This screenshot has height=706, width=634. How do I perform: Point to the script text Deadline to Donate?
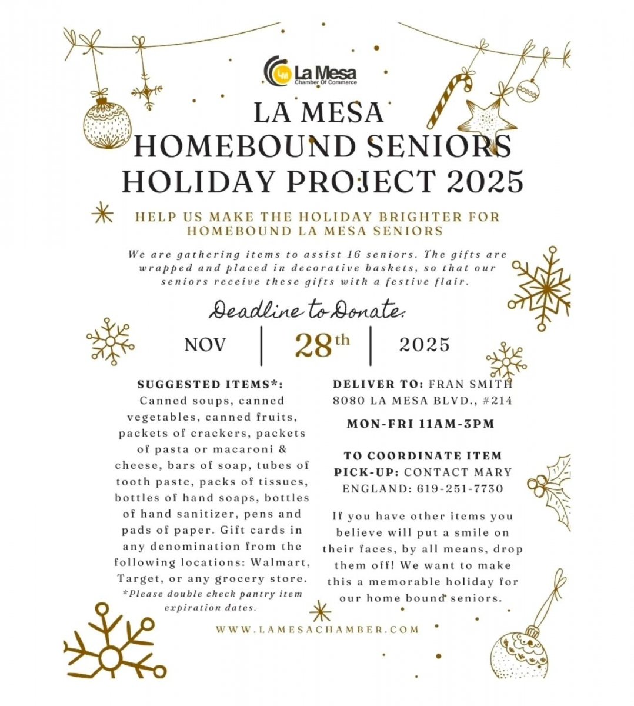click(x=308, y=310)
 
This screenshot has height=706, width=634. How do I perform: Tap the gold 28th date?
click(x=321, y=345)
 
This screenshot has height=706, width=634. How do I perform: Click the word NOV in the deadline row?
click(x=205, y=345)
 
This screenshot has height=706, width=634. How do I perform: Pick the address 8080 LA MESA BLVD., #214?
click(x=422, y=401)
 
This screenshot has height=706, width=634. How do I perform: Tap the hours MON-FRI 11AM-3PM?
click(x=421, y=424)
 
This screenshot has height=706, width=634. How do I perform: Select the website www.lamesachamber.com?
click(x=318, y=629)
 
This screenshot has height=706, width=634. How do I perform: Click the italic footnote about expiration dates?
click(x=212, y=600)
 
